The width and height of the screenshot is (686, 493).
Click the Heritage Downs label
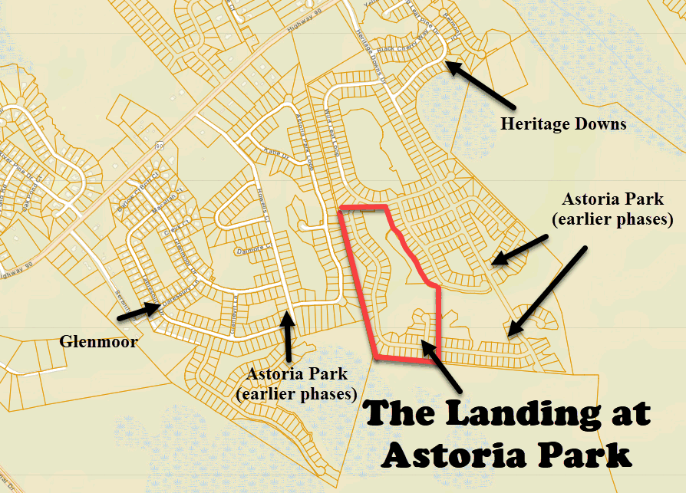click(563, 123)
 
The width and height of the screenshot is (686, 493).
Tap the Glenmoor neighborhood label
click(98, 340)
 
